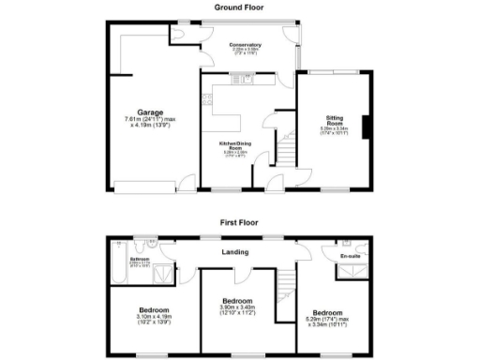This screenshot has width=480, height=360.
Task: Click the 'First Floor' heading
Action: point(240,224)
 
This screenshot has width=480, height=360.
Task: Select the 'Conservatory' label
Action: point(245,44)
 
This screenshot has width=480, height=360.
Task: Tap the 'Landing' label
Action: point(234,252)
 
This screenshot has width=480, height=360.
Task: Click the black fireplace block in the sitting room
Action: point(367,125)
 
